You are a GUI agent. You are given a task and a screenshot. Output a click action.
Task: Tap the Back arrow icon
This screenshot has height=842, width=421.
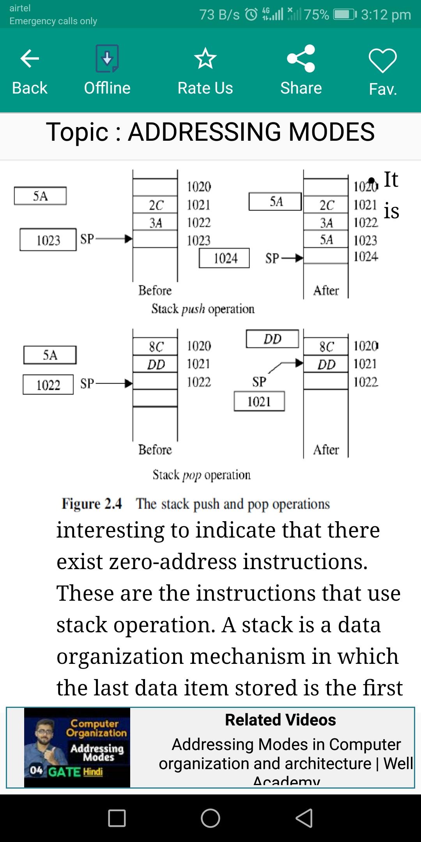(30, 59)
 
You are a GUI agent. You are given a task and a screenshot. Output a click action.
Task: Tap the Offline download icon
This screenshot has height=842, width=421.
(107, 58)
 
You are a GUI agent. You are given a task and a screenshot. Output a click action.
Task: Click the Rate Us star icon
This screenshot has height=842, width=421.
(205, 58)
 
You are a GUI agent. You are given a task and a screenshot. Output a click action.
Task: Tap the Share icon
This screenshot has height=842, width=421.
(301, 58)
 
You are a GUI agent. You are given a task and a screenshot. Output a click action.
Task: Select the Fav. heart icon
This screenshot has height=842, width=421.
(383, 60)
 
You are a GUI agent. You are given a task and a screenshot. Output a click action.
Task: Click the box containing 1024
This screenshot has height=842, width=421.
(224, 258)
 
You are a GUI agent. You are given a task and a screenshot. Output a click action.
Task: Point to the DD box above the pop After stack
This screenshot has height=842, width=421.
(272, 339)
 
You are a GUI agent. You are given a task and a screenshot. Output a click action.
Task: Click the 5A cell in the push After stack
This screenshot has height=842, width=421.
(326, 239)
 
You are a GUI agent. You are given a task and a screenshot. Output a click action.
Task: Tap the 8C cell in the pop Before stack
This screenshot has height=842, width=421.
(156, 346)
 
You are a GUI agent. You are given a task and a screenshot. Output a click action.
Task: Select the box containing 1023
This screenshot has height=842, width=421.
(48, 240)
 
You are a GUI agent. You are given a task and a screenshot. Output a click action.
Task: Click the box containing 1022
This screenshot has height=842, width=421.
(48, 385)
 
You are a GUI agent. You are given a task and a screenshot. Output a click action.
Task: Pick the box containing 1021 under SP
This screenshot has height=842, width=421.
(259, 402)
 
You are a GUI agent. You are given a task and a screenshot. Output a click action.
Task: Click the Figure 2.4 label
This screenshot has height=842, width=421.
(92, 504)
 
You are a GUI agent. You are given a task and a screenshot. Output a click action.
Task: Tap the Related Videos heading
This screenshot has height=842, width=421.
(280, 720)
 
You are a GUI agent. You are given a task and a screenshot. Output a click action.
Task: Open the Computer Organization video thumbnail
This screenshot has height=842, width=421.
(77, 748)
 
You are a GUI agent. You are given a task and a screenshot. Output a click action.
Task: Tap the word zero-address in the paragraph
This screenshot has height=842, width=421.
(173, 562)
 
